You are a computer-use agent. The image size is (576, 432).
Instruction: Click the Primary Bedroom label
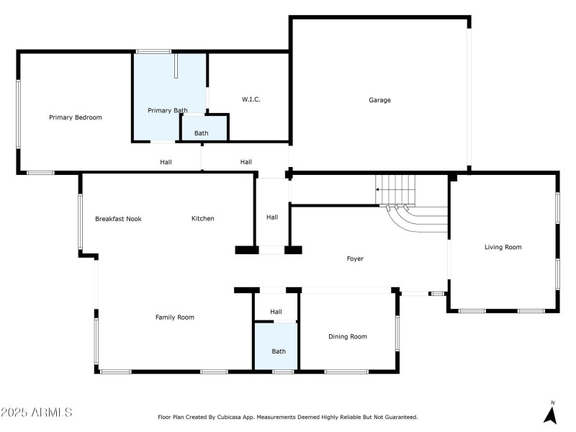(76, 117)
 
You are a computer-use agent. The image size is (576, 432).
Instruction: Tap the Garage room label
(379, 100)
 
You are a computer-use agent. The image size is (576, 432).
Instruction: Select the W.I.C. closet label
(251, 99)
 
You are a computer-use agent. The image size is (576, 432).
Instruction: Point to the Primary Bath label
(168, 110)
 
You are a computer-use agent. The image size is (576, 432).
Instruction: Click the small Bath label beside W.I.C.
(202, 133)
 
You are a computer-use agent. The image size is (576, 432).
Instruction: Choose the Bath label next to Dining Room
(279, 351)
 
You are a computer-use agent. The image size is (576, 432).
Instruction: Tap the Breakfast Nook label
(118, 219)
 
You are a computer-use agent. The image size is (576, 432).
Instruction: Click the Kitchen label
(202, 219)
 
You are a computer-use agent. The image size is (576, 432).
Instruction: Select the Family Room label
(175, 317)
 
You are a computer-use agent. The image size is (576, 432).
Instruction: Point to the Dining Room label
(348, 336)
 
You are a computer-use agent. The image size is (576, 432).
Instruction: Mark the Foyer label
(355, 258)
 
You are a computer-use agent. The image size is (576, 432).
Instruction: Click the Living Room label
(503, 247)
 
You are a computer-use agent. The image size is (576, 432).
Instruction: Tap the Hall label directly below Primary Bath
(166, 162)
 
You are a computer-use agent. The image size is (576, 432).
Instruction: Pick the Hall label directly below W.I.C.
(246, 162)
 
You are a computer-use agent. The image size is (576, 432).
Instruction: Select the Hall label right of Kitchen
(272, 217)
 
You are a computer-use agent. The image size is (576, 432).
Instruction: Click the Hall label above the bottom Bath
(276, 312)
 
